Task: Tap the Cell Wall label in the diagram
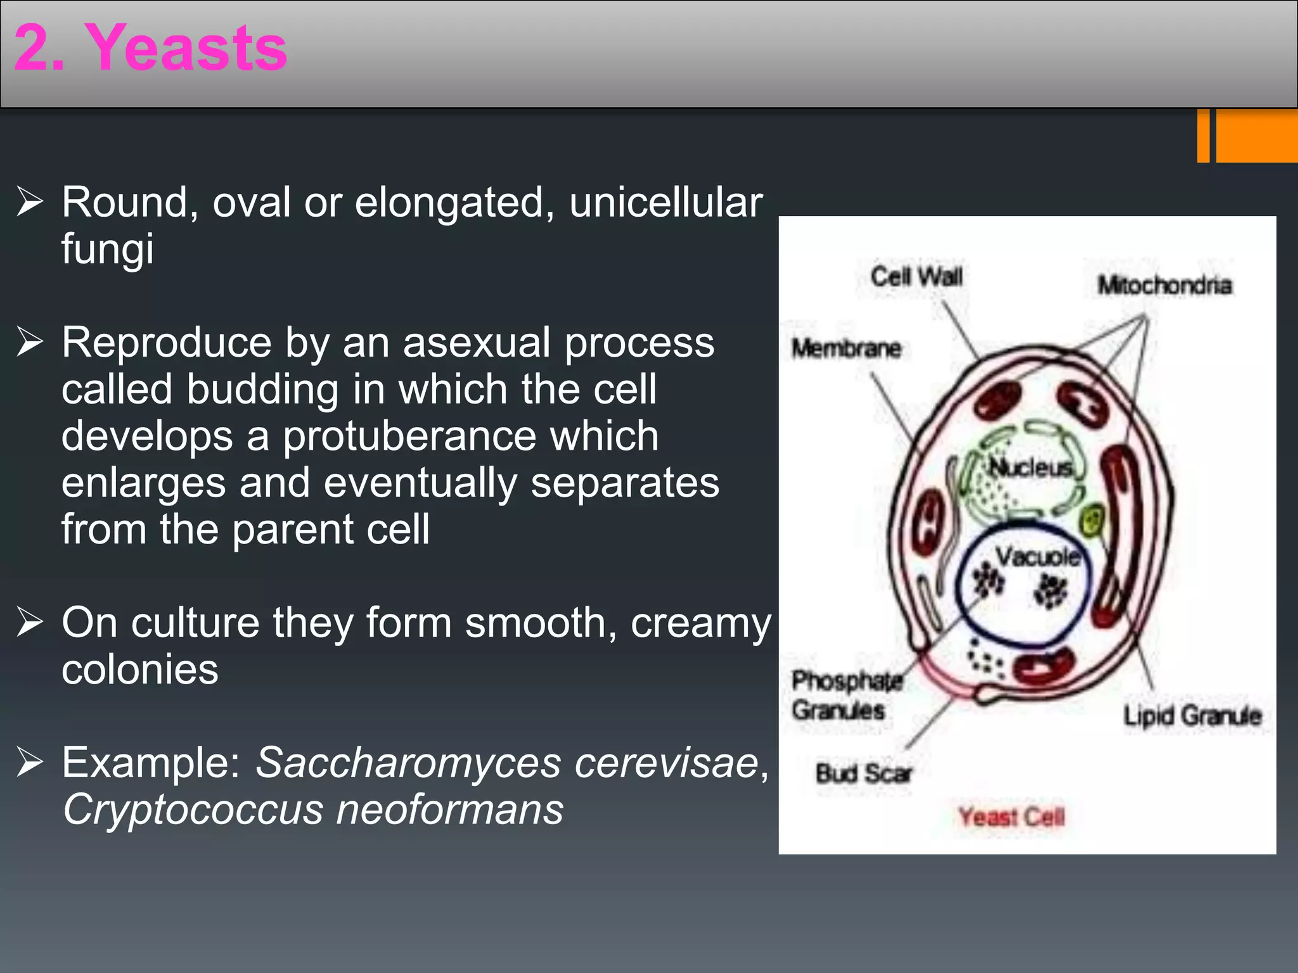click(x=916, y=277)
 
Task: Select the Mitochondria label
click(x=1165, y=286)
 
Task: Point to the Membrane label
click(x=846, y=348)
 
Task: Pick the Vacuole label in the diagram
click(x=1038, y=557)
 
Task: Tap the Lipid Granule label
click(x=1192, y=716)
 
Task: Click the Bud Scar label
click(x=863, y=773)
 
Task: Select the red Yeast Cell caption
click(x=1011, y=817)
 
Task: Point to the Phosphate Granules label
click(x=845, y=696)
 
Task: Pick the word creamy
click(x=700, y=623)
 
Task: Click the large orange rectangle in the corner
click(x=1256, y=136)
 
